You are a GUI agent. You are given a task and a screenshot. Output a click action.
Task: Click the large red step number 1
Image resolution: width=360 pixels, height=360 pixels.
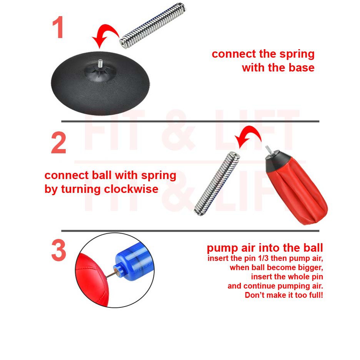[58, 27]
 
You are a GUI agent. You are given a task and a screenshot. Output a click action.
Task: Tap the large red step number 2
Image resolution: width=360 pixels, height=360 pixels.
[58, 143]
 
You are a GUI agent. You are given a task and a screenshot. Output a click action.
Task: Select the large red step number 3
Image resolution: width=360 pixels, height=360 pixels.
[59, 250]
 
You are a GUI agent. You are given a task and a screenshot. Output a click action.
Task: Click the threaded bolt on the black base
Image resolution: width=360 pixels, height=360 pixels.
[100, 63]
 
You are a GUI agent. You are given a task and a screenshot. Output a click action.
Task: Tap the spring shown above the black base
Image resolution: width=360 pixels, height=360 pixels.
[153, 25]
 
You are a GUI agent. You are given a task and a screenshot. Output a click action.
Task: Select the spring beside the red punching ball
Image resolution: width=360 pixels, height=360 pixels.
[217, 184]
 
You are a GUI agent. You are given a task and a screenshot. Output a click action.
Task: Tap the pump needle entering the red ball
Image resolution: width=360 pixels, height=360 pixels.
[110, 275]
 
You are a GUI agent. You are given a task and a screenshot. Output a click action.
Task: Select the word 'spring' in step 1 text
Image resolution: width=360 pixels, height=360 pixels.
[297, 55]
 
